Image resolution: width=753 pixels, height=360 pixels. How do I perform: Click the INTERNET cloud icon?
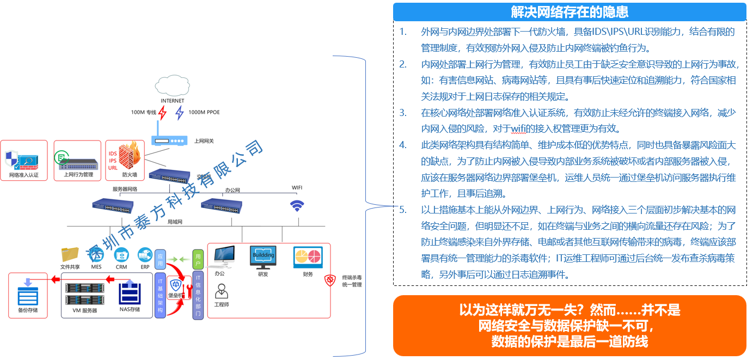[x=172, y=85]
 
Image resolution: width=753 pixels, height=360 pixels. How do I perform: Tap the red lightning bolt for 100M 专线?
[x=162, y=113]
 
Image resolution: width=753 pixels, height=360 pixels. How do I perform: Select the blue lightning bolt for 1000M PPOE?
[x=179, y=113]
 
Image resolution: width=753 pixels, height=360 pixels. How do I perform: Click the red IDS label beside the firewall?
[x=113, y=154]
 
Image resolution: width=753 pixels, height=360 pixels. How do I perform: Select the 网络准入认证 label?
[x=23, y=175]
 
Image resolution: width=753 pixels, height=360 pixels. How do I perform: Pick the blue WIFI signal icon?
[x=297, y=206]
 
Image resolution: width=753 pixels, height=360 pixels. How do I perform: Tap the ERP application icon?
[x=144, y=255]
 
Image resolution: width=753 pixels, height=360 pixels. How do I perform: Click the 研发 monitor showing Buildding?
[x=263, y=257]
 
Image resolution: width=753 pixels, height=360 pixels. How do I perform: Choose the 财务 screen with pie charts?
[x=308, y=257]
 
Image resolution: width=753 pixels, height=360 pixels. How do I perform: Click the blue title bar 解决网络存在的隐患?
[x=570, y=11]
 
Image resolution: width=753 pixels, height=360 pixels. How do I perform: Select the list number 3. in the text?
[x=403, y=113]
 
